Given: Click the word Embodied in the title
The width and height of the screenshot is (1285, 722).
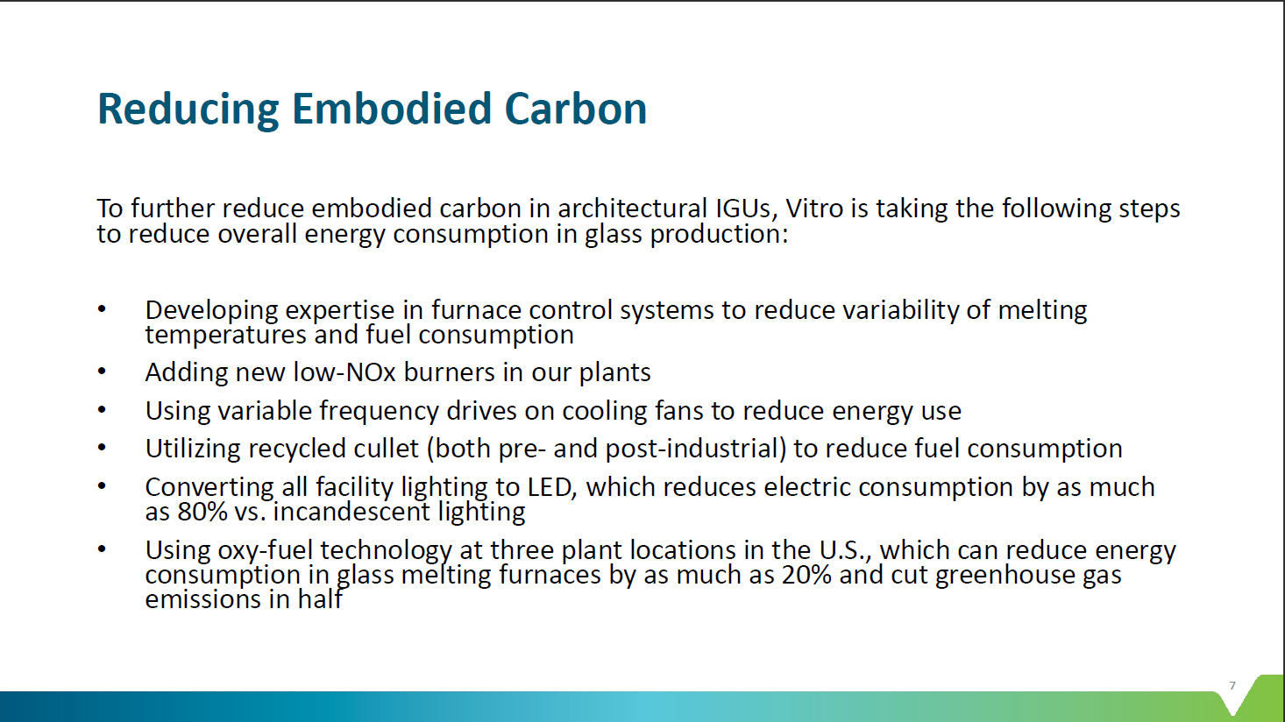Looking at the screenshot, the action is [x=391, y=109].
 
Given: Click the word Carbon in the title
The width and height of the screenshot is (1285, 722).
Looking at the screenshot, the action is [x=575, y=109].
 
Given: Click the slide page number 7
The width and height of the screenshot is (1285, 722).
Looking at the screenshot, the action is [x=1232, y=685].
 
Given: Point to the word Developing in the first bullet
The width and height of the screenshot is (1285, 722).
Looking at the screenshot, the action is [x=211, y=311].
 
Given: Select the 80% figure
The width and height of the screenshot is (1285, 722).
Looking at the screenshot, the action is [x=202, y=512].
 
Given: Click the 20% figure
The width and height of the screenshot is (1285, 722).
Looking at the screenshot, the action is [x=806, y=575].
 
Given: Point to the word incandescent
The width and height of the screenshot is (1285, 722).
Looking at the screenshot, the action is [x=351, y=512].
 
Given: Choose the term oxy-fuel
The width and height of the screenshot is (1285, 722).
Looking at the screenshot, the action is [x=265, y=550].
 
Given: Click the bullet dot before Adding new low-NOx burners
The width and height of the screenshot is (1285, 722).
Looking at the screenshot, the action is [x=102, y=372].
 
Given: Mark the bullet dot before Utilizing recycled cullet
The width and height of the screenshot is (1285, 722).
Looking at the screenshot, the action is [x=102, y=448].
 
